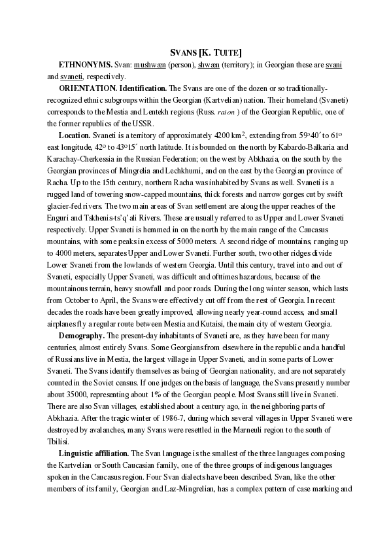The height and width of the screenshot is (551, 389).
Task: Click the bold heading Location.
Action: point(76,135)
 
